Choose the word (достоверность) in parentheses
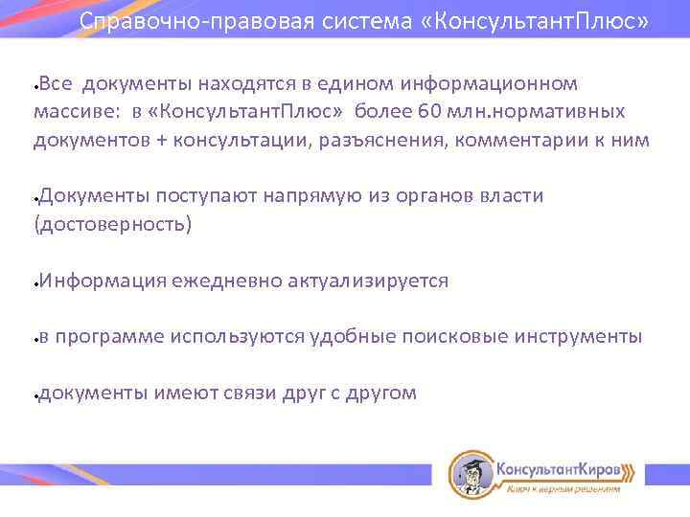pyautogui.click(x=113, y=224)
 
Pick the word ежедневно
pyautogui.click(x=227, y=281)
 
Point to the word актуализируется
pyautogui.click(x=368, y=281)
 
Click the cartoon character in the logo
pyautogui.click(x=470, y=473)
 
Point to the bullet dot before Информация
pyautogui.click(x=34, y=284)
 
